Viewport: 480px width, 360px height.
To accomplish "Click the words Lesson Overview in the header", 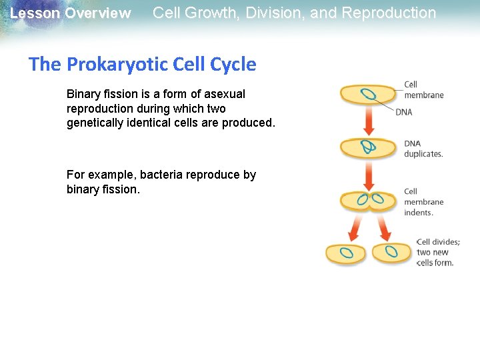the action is pyautogui.click(x=71, y=13).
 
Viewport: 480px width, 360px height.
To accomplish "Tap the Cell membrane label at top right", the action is pyautogui.click(x=423, y=89).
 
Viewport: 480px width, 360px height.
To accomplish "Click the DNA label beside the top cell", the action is pyautogui.click(x=404, y=112).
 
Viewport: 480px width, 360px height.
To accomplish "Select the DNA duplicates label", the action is pyautogui.click(x=423, y=149).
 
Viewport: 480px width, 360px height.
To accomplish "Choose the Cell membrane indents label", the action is pyautogui.click(x=423, y=202).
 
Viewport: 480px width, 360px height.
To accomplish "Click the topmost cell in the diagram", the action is pyautogui.click(x=368, y=95).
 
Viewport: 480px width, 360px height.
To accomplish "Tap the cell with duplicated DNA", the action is pyautogui.click(x=368, y=147).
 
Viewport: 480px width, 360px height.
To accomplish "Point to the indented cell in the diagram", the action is pyautogui.click(x=369, y=200).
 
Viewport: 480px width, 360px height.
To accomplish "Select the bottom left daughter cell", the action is pyautogui.click(x=345, y=253).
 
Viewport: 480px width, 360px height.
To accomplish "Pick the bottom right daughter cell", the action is pyautogui.click(x=392, y=253).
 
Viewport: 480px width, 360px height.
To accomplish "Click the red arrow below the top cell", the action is pyautogui.click(x=368, y=121).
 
